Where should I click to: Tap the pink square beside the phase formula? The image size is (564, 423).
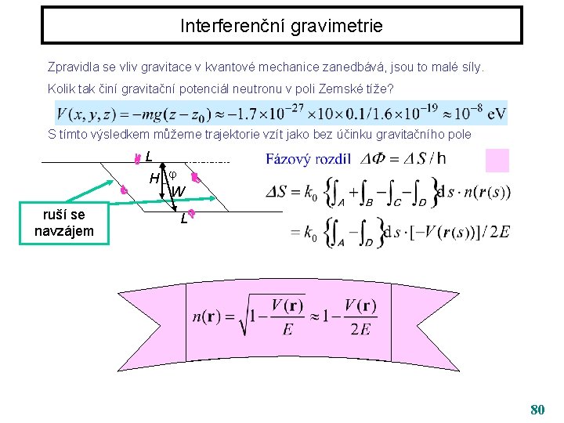click(497, 160)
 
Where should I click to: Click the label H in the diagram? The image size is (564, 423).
click(155, 179)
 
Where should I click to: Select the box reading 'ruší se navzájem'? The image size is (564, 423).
click(64, 222)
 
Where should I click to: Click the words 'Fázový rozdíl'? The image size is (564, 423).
click(308, 159)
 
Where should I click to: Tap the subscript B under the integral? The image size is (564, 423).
click(369, 202)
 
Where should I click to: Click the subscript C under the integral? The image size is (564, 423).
click(396, 202)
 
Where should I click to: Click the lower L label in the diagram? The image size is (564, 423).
click(183, 219)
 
